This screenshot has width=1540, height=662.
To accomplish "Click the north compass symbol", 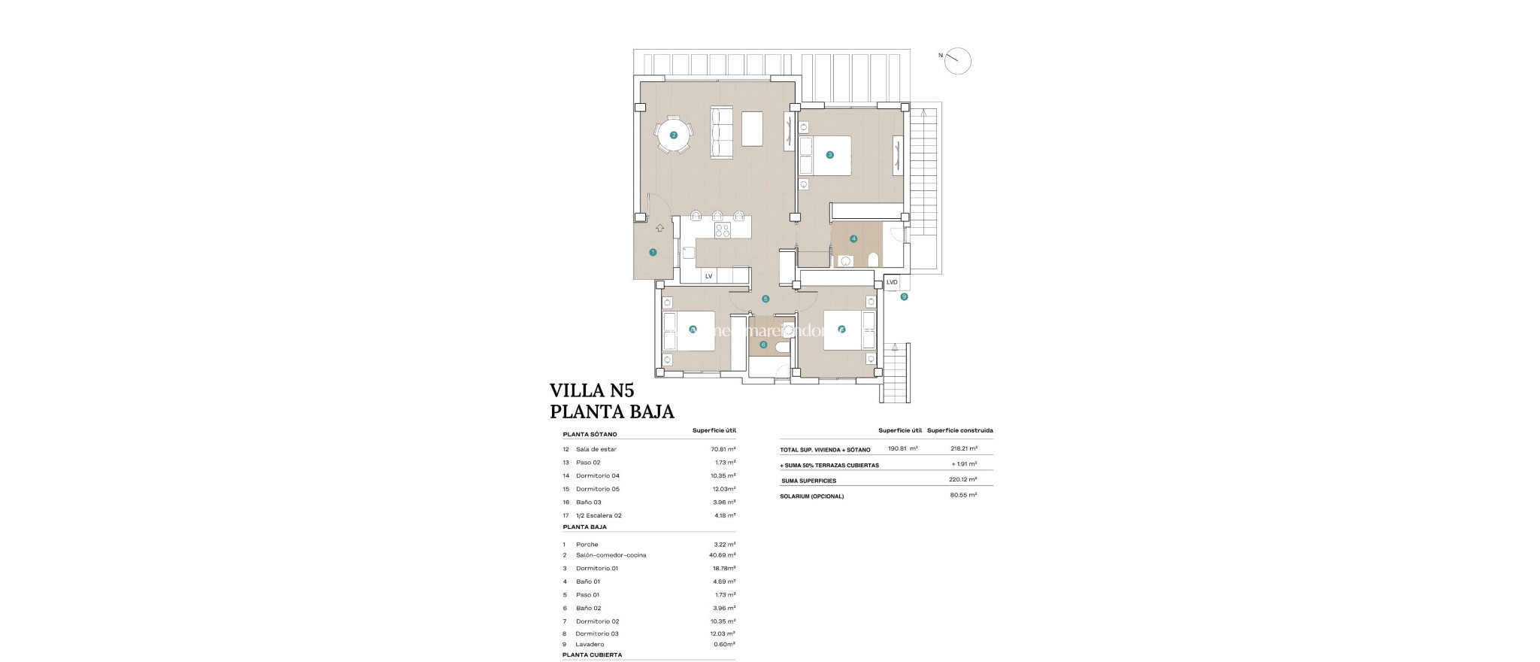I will (x=958, y=61).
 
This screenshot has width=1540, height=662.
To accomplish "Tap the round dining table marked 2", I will (x=674, y=135).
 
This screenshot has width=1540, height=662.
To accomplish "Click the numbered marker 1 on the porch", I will (x=653, y=253).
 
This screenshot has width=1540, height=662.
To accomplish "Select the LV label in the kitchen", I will (x=708, y=277).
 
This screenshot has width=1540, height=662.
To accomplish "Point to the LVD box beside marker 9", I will (x=892, y=283).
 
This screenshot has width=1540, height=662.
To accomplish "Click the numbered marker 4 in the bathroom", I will (x=853, y=239).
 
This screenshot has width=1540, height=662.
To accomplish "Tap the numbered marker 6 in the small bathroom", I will (x=763, y=345).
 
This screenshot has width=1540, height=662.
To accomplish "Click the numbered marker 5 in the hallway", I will (x=765, y=299).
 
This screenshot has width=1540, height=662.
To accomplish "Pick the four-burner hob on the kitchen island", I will (x=723, y=231).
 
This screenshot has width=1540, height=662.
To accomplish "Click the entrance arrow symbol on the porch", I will (x=659, y=229).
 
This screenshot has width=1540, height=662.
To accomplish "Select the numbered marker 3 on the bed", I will (x=829, y=155).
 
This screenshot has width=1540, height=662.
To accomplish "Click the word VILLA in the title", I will (x=576, y=390).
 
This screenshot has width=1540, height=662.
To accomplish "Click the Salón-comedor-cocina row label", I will (x=611, y=555).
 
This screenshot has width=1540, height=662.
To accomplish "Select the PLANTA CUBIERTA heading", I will (x=592, y=655).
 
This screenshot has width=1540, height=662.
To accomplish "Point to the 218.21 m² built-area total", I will (x=963, y=448).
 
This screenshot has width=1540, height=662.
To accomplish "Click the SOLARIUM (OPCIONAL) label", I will (x=811, y=496).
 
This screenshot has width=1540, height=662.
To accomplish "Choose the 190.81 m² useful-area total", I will (x=902, y=448).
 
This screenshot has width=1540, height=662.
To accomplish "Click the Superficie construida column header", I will (x=959, y=430).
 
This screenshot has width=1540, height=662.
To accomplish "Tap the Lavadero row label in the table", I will (x=590, y=645).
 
